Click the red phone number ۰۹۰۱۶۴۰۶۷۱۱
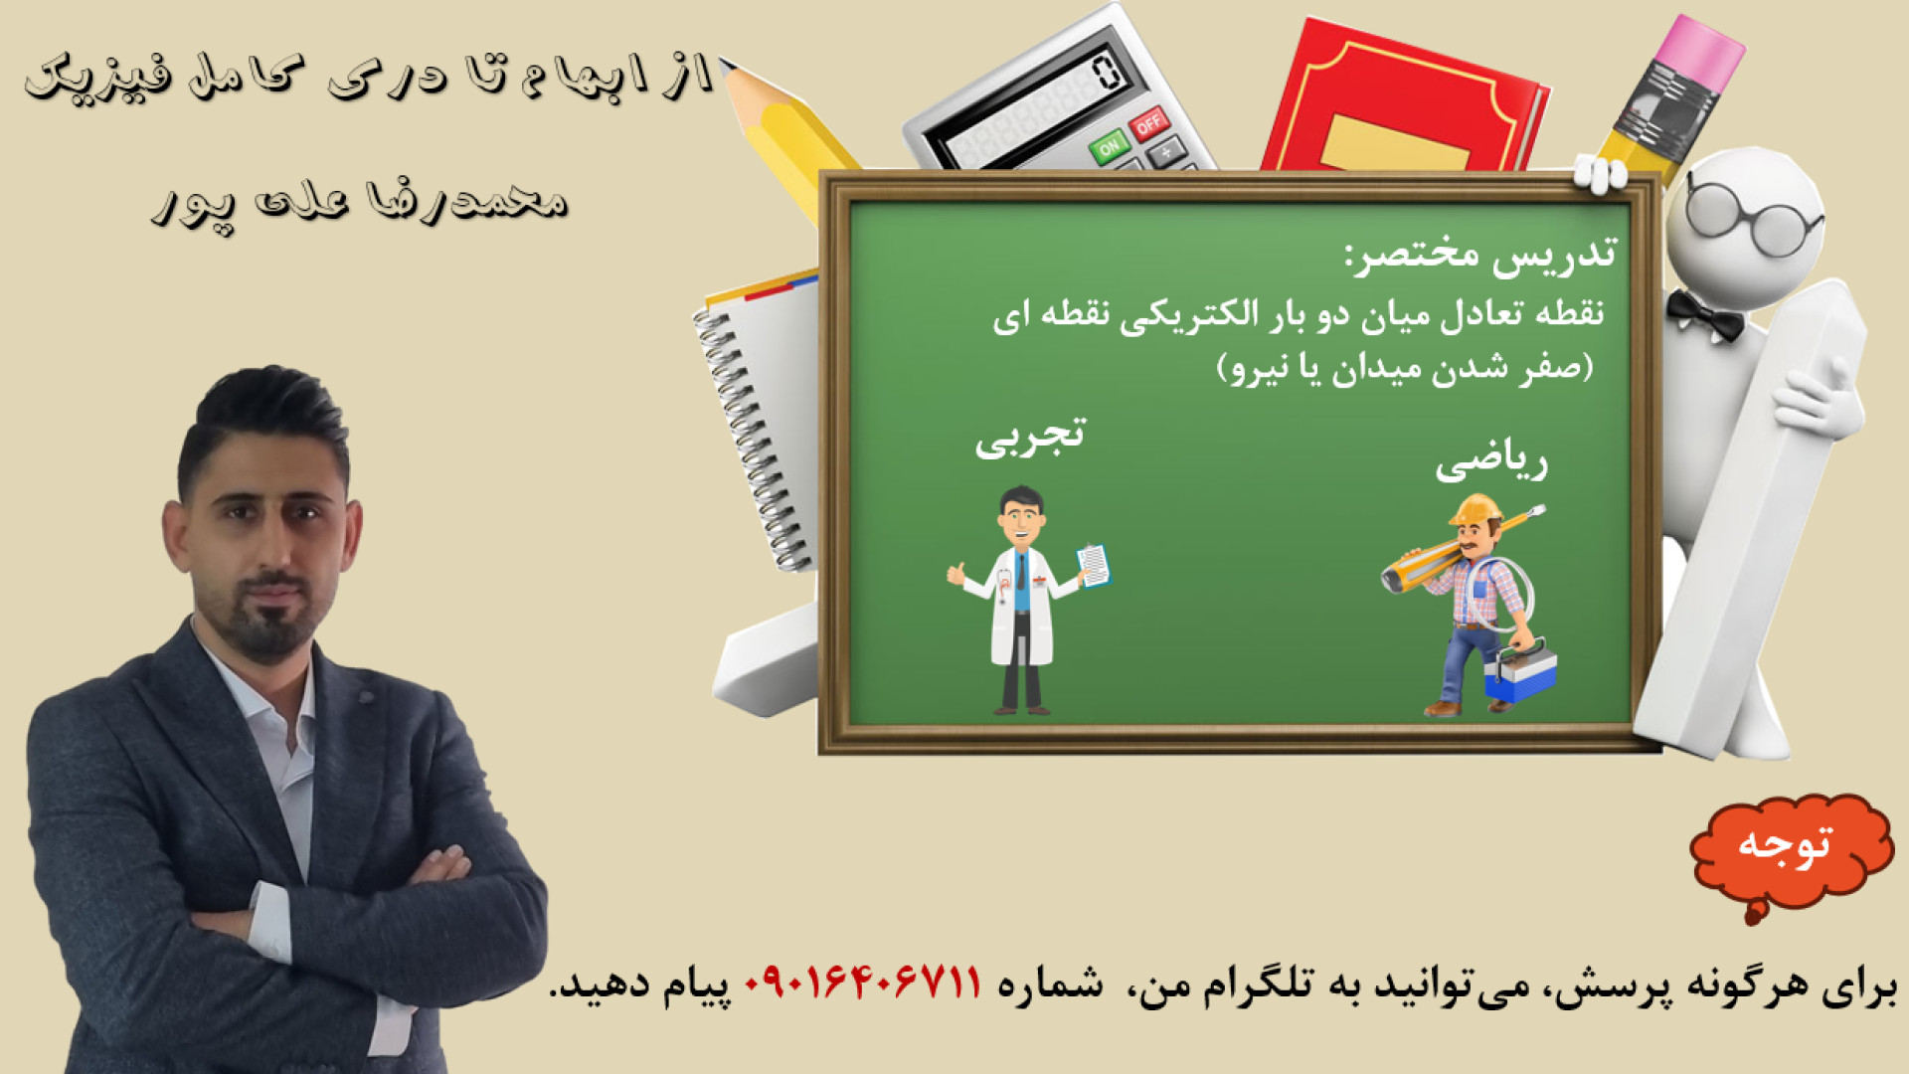pyautogui.click(x=863, y=984)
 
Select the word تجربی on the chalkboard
pyautogui.click(x=1030, y=437)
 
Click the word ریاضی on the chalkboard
pyautogui.click(x=1491, y=462)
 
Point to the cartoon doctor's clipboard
pyautogui.click(x=1094, y=565)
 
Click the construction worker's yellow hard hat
pyautogui.click(x=1475, y=510)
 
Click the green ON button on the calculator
pyautogui.click(x=1109, y=147)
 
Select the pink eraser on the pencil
pyautogui.click(x=1700, y=50)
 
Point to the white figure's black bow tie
pyautogui.click(x=1704, y=315)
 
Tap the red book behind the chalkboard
pyautogui.click(x=1402, y=99)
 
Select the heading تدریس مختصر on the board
pyautogui.click(x=1481, y=255)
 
